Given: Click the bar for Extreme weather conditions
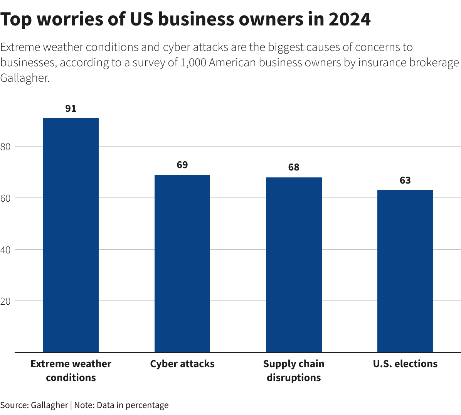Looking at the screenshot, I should tap(71, 235).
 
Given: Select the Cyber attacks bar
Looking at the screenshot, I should tap(182, 263).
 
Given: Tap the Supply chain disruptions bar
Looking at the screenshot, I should tap(294, 265).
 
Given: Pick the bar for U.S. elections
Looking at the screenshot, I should tap(405, 271).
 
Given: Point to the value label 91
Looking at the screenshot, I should tap(71, 109).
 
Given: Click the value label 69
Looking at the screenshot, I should tap(182, 165).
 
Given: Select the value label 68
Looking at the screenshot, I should tap(294, 167).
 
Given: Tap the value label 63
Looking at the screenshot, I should tap(405, 181).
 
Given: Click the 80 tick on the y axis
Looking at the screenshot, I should tap(5, 147).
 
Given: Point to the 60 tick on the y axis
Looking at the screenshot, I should tap(5, 198).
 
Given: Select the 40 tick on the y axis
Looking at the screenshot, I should tap(5, 250).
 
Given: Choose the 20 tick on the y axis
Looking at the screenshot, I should tap(5, 301).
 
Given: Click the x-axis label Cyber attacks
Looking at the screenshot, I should tap(182, 364).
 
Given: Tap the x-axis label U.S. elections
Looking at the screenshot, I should tap(405, 364).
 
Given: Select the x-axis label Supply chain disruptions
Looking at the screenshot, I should tap(294, 371).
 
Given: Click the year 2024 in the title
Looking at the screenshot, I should tap(350, 19).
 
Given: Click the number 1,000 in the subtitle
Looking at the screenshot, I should tap(193, 62).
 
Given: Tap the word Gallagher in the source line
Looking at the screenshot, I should tap(49, 405).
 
